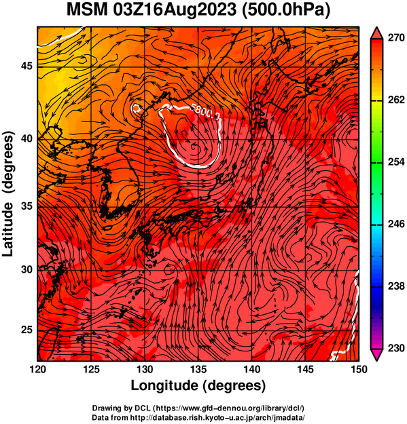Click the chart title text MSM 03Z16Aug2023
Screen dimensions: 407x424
152,10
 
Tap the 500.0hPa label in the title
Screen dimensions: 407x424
286,10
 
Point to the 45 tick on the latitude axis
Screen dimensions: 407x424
26,66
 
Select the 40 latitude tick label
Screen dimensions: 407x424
26,138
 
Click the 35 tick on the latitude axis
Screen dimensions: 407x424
26,206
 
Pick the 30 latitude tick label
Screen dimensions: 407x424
26,269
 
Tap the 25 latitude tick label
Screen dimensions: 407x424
26,330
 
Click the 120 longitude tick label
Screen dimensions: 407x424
37,369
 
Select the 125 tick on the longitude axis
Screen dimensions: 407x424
91,369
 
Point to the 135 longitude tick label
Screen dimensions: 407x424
198,369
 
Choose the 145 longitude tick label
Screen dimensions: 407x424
306,369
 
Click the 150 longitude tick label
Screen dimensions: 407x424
359,369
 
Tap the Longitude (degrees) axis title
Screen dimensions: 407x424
198,386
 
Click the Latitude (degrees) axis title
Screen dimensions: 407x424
8,194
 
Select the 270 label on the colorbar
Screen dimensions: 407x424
396,38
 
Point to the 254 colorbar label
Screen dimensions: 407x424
396,162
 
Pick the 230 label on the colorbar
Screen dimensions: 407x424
396,348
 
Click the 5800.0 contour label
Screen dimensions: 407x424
205,111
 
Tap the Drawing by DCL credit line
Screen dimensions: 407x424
198,408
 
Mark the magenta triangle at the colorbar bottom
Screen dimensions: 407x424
376,355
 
